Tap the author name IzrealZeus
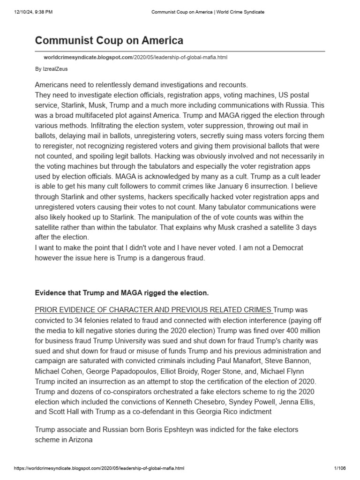pyautogui.click(x=59, y=69)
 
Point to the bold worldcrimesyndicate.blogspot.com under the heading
pyautogui.click(x=89, y=57)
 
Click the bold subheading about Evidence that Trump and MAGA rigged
pyautogui.click(x=122, y=293)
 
